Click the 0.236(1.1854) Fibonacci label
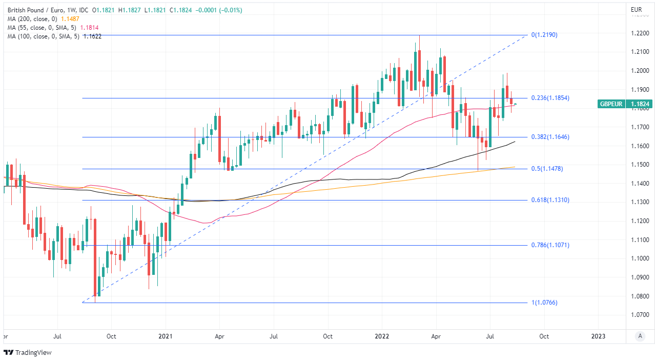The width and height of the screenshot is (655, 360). [550, 98]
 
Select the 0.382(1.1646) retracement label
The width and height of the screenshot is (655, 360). [550, 137]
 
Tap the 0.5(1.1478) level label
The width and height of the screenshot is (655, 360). [547, 169]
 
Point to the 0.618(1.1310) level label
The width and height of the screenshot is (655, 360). [550, 200]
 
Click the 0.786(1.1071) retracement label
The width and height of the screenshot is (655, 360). [550, 245]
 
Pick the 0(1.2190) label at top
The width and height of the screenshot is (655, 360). [544, 35]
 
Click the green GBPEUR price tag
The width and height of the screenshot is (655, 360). [625, 104]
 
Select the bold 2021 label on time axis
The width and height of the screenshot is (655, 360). [166, 336]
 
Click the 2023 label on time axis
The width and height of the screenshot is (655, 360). [598, 336]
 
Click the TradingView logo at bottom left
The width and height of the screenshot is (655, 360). [28, 352]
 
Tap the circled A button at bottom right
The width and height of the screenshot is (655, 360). [640, 336]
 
